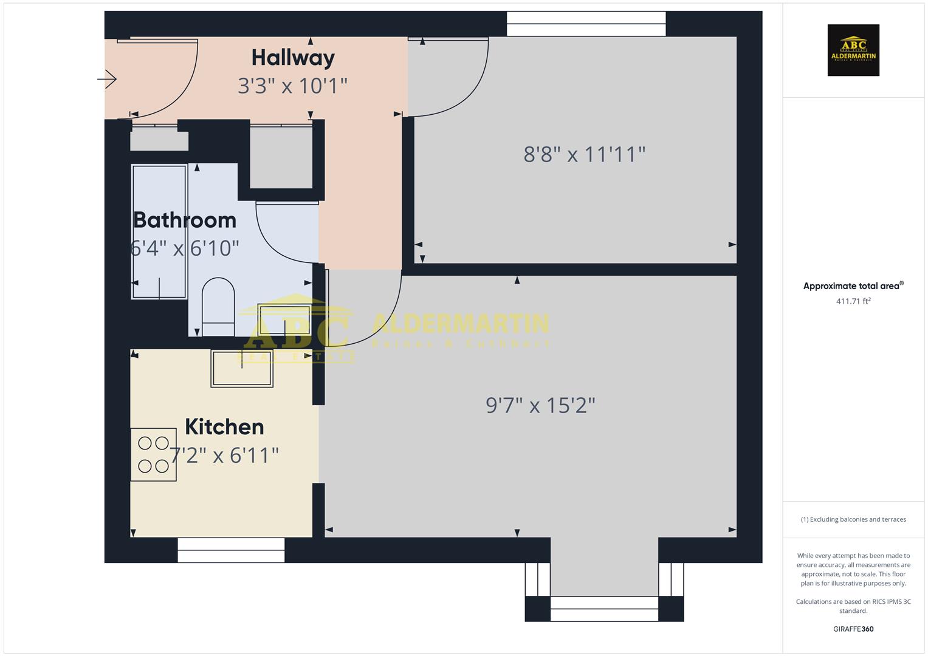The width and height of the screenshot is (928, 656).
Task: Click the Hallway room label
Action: [293, 58]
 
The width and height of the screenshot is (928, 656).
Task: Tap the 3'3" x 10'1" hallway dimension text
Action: [292, 86]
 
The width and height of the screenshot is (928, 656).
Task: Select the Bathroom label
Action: [184, 220]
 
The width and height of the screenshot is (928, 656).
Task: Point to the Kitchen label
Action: [224, 426]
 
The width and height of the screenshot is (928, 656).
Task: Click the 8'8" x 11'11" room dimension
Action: [584, 154]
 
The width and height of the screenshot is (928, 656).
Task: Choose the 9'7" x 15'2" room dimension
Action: [540, 405]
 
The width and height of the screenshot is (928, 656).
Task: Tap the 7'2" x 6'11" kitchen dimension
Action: [224, 455]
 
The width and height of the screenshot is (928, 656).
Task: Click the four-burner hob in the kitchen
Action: [153, 454]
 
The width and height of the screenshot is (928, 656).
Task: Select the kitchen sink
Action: [242, 368]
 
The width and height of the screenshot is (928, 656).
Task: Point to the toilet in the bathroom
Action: [218, 306]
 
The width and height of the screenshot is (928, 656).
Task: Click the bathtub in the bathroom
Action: [159, 232]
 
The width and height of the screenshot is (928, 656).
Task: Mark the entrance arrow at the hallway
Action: [108, 79]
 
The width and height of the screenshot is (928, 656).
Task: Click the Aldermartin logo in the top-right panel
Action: [853, 50]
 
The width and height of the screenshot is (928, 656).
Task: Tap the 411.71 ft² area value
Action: [853, 301]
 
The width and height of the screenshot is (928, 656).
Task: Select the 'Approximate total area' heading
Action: [852, 286]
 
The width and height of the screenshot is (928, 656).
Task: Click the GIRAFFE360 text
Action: [853, 629]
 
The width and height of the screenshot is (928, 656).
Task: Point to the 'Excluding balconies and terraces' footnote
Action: [853, 519]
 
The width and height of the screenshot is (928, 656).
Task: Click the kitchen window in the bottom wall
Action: [231, 550]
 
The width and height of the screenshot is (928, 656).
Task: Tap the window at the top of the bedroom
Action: [586, 24]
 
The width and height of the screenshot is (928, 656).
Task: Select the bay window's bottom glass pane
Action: [604, 609]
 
